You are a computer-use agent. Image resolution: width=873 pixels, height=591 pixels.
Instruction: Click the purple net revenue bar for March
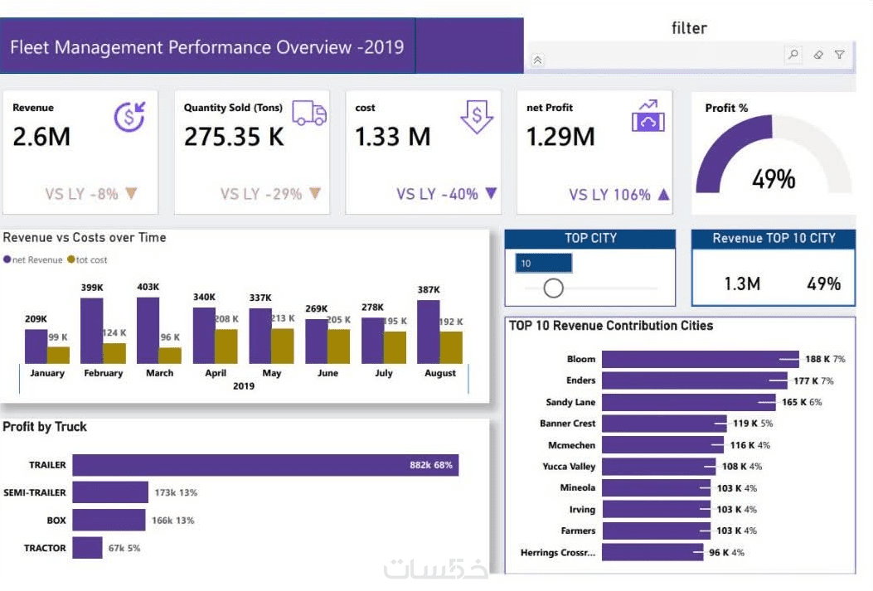pos(148,330)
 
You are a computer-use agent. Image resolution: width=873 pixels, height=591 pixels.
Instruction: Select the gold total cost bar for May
pos(283,346)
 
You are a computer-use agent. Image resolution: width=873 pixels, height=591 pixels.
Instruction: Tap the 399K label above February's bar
pos(92,288)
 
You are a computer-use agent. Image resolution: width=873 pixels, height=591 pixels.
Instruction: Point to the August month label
pos(439,373)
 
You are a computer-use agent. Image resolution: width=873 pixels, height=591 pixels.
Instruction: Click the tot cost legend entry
pos(91,260)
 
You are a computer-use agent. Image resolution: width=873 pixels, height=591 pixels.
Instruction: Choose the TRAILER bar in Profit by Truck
pos(265,465)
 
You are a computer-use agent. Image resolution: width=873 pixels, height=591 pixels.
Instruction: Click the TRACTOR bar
pos(87,547)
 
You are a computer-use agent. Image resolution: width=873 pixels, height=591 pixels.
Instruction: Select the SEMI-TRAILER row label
pos(35,492)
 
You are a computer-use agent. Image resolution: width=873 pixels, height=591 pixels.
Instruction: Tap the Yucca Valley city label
pos(569,467)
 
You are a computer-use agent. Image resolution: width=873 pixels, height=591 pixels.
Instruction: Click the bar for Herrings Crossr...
pos(653,552)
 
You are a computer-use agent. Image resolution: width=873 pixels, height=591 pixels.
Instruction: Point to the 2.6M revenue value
pos(41,137)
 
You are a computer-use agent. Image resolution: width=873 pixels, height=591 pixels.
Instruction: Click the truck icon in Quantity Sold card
pos(309,114)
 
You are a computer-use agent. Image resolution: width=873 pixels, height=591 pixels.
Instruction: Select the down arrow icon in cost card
pos(477,116)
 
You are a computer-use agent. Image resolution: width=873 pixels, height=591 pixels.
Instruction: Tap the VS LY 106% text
pos(609,195)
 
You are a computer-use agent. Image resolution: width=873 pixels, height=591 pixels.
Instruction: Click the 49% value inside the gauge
pos(774,178)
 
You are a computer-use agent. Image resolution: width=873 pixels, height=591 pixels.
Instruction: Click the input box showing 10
pos(543,264)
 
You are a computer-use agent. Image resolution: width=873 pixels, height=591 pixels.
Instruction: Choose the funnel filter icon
pos(840,55)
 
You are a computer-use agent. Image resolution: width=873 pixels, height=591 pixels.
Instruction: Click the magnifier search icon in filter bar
pos(793,55)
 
